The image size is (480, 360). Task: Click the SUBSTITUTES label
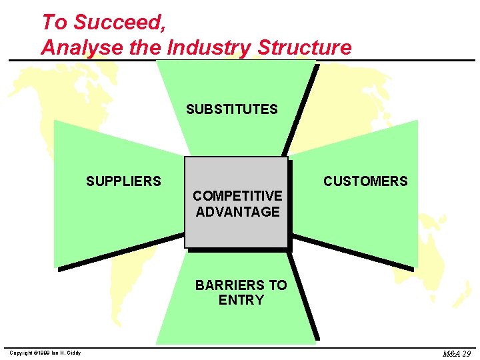click(232, 109)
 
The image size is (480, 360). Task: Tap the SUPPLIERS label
click(123, 181)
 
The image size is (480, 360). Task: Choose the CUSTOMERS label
click(365, 181)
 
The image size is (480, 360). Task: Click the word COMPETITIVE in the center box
click(237, 196)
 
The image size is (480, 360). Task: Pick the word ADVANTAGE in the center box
click(237, 212)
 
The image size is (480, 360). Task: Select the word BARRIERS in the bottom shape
click(230, 285)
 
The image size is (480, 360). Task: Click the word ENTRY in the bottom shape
click(241, 300)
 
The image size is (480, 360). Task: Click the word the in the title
click(151, 47)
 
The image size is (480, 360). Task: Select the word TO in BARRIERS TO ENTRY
click(277, 285)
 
